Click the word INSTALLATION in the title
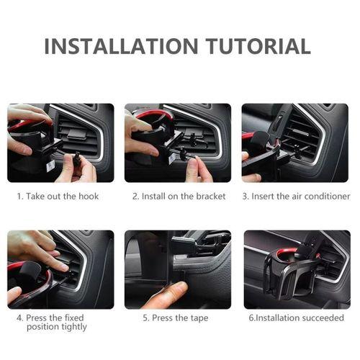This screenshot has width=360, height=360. click(x=121, y=46)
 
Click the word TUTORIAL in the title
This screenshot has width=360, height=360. click(x=258, y=46)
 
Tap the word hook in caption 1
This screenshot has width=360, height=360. click(x=89, y=196)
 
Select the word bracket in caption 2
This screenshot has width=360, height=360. click(x=211, y=196)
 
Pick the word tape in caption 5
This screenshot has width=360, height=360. click(x=199, y=318)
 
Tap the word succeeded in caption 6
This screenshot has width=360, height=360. click(x=323, y=318)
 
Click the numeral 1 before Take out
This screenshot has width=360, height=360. click(x=19, y=197)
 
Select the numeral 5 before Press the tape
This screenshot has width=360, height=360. click(x=145, y=318)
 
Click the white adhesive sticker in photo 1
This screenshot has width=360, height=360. click(x=50, y=166)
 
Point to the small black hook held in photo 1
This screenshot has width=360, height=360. click(x=77, y=159)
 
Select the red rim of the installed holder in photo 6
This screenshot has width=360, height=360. click(x=287, y=251)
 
